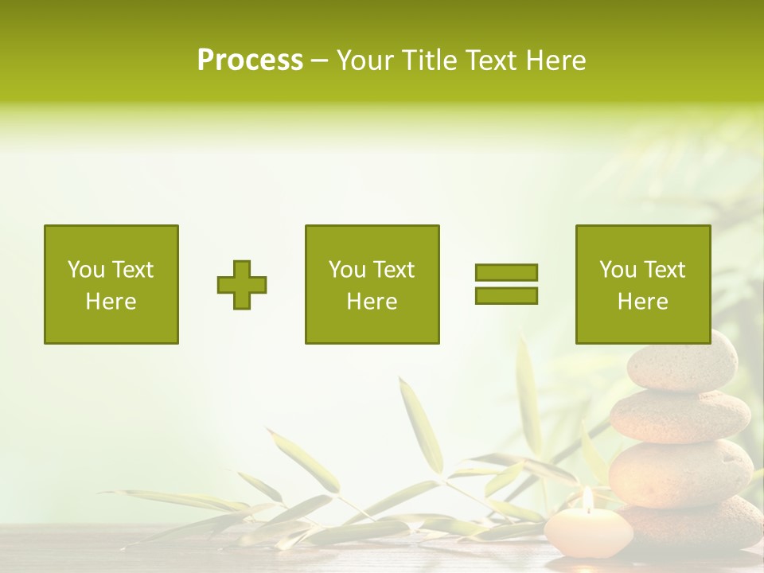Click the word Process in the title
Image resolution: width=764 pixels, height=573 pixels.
(x=250, y=60)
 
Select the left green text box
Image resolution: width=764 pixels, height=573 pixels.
(x=111, y=284)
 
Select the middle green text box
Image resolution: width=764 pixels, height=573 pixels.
(x=372, y=284)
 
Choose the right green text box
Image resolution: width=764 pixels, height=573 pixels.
(x=643, y=284)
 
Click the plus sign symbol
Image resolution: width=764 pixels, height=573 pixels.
(x=242, y=285)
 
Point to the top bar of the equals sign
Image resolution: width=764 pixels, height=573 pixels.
(x=506, y=272)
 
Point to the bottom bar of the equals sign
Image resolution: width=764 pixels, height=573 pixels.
(x=506, y=295)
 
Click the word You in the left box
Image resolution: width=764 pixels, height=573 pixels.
(x=85, y=270)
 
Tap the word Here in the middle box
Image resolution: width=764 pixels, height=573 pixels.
(x=372, y=302)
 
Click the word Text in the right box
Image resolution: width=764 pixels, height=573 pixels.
(x=665, y=270)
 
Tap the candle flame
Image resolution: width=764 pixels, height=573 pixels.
(x=587, y=499)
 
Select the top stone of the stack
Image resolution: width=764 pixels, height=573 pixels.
(x=682, y=363)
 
